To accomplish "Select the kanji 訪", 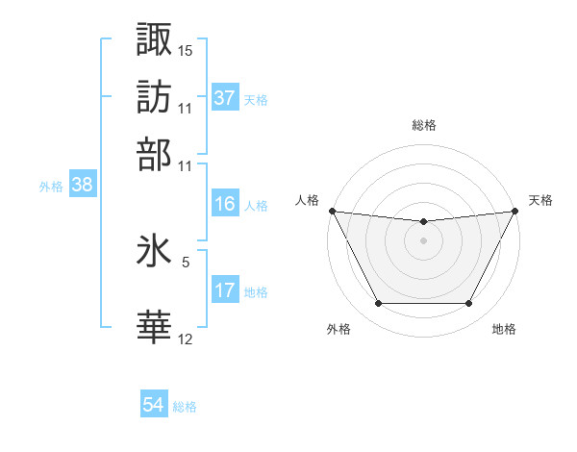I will tap(155, 96).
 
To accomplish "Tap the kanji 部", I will tap(155, 154).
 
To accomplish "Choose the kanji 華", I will tap(155, 327).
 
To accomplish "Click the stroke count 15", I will tap(186, 50).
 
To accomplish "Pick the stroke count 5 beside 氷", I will tap(186, 261).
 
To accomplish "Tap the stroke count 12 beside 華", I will tap(186, 339).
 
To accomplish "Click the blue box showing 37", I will tap(224, 97).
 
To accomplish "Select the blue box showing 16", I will tap(224, 204).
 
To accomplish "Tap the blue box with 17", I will tap(224, 290).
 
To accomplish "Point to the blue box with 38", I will tap(82, 186).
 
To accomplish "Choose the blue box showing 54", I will tap(154, 405).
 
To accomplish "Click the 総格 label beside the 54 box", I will tap(185, 407).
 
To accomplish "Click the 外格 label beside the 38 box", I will tap(51, 187).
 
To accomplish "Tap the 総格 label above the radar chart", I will tap(423, 125).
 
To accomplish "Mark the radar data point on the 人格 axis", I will tap(332, 211).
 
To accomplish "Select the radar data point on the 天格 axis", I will tap(514, 211).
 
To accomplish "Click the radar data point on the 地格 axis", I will tap(469, 304).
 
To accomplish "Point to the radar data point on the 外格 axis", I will tap(378, 304).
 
